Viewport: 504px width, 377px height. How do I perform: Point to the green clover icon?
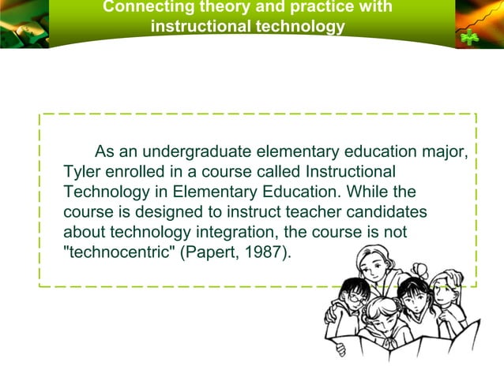click(x=471, y=37)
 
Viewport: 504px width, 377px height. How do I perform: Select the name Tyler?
click(x=81, y=172)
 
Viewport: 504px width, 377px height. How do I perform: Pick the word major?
click(x=446, y=151)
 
